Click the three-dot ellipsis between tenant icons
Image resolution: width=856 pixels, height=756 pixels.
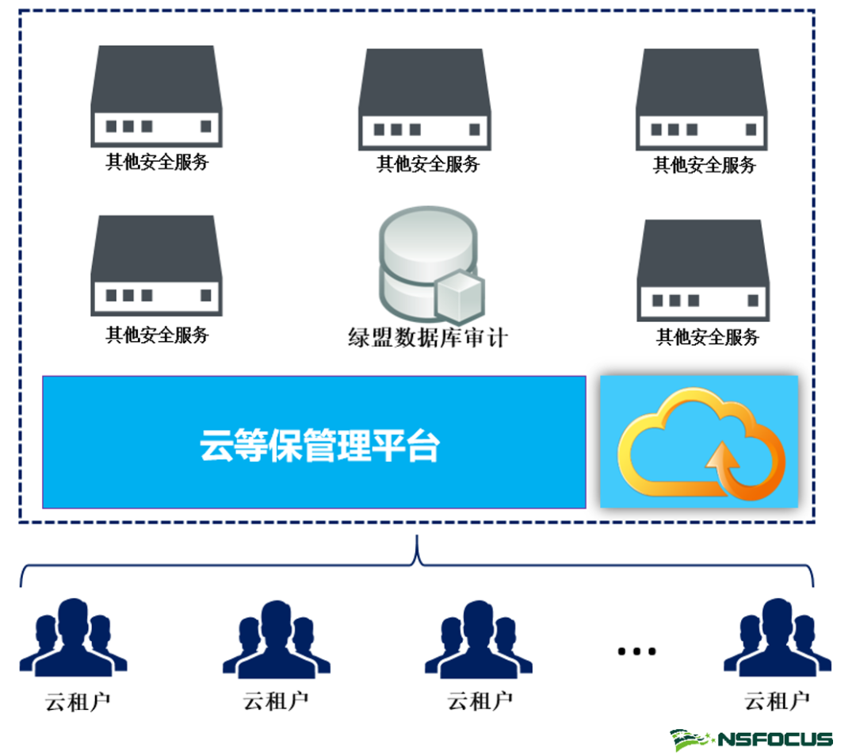637,651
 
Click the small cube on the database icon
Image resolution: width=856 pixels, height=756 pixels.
460,294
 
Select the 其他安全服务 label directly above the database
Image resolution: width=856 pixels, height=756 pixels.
428,164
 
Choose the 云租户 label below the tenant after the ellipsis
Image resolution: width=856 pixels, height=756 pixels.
777,701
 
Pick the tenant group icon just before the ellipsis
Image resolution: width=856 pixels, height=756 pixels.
478,639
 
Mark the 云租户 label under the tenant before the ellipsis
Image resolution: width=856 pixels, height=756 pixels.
480,701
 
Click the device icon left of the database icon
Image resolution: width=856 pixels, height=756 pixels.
156,266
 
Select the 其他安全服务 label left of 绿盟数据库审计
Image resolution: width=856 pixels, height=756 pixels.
157,335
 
